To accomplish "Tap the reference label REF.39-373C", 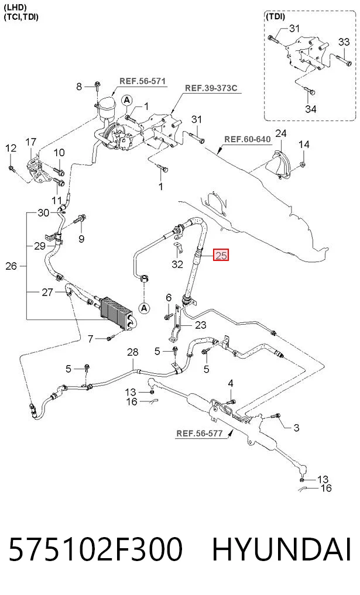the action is [x=211, y=88].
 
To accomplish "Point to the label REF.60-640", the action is [x=248, y=139].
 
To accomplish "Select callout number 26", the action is [x=11, y=266].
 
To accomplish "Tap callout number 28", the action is [x=132, y=352].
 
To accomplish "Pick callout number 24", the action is [x=281, y=133].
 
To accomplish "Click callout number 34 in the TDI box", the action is [x=311, y=109].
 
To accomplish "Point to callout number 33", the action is [x=344, y=42].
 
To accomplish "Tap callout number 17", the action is [x=31, y=142].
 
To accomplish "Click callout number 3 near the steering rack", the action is [x=297, y=428].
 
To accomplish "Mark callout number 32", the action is [x=177, y=264].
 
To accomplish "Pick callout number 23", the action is [x=201, y=325].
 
